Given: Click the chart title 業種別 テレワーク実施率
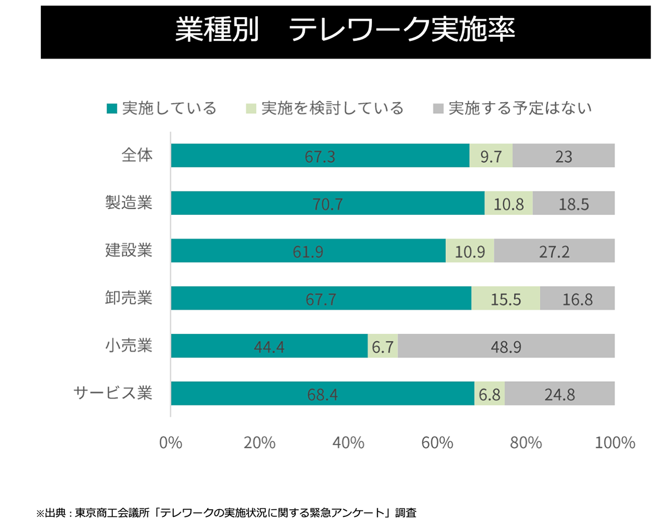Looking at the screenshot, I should click(x=345, y=31).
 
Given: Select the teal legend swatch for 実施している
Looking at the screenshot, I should click(x=112, y=108).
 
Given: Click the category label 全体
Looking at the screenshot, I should click(x=137, y=155).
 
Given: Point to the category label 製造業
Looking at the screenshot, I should click(x=129, y=203).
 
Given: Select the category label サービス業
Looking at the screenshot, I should click(x=113, y=393).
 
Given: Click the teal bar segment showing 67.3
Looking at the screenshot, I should click(x=320, y=156).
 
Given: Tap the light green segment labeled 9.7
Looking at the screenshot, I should click(x=491, y=156).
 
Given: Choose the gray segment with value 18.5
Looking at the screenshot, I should click(x=573, y=203).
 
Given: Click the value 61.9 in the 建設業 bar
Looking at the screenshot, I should click(x=308, y=251).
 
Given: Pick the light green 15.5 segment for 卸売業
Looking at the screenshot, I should click(x=505, y=299).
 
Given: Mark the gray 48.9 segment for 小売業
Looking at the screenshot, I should click(x=506, y=346).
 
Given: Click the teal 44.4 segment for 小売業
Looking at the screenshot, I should click(x=269, y=346).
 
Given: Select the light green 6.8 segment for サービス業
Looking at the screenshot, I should click(x=489, y=394).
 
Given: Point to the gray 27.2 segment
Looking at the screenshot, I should click(x=554, y=251).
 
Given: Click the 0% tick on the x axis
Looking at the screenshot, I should click(x=171, y=443).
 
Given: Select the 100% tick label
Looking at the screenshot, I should click(x=615, y=443).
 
